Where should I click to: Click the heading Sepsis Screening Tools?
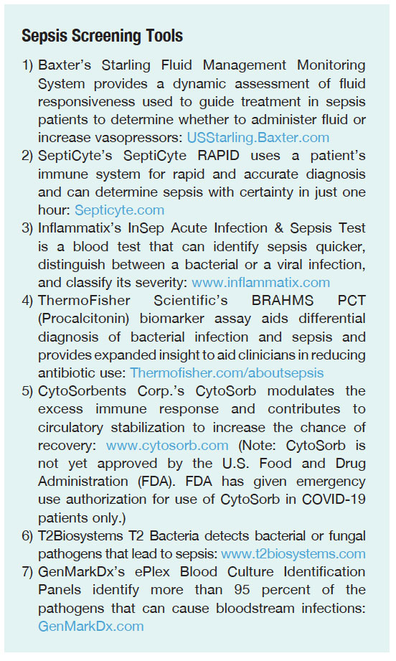click(102, 35)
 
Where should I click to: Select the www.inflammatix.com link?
click(260, 282)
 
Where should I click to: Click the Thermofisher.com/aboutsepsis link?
click(227, 372)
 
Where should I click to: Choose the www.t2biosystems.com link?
click(293, 553)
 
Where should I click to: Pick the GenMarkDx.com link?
click(91, 626)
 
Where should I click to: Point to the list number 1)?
click(28, 65)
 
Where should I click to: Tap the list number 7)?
click(28, 571)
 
